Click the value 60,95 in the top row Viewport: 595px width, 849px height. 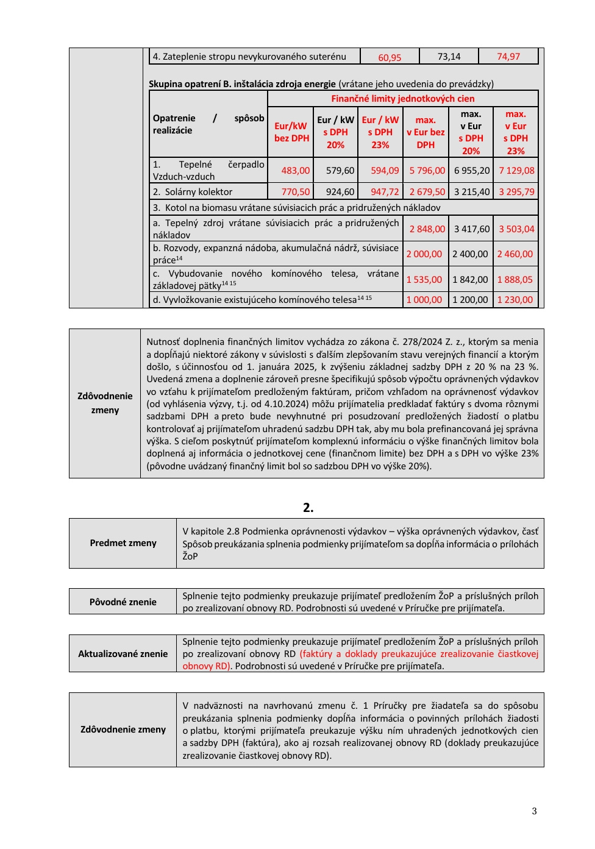pyautogui.click(x=390, y=57)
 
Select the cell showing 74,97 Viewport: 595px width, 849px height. pyautogui.click(x=508, y=57)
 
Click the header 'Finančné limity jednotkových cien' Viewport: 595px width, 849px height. pyautogui.click(x=402, y=99)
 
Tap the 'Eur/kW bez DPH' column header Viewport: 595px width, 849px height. pyautogui.click(x=291, y=132)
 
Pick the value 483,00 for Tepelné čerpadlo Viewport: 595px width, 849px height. pyautogui.click(x=295, y=171)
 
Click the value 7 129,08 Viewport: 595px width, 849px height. pyautogui.click(x=516, y=171)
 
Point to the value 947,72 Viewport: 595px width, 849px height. pyautogui.click(x=385, y=192)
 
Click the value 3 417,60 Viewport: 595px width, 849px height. pyautogui.click(x=471, y=229)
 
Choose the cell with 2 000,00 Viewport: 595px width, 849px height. pyautogui.click(x=424, y=254)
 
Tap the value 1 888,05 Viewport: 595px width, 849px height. pyautogui.click(x=515, y=280)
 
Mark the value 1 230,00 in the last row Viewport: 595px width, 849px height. pyautogui.click(x=515, y=300)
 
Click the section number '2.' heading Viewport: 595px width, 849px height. pyautogui.click(x=308, y=508)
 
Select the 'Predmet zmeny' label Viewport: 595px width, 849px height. pyautogui.click(x=123, y=543)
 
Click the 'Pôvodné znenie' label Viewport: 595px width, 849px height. pyautogui.click(x=123, y=602)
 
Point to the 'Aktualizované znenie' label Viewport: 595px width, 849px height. pyautogui.click(x=123, y=654)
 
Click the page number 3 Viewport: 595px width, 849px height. pyautogui.click(x=534, y=811)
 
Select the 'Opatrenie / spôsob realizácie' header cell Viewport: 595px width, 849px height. pyautogui.click(x=208, y=124)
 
